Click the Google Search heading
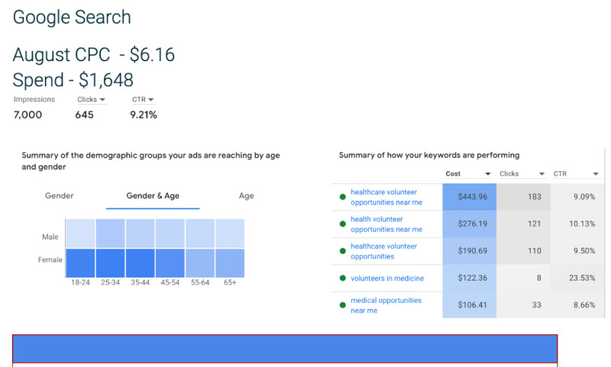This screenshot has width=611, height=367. [x=72, y=18]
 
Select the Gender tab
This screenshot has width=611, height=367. [x=59, y=196]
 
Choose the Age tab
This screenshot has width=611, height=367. [x=246, y=196]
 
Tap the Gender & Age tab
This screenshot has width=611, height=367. [x=153, y=196]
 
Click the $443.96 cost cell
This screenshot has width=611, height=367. [x=470, y=197]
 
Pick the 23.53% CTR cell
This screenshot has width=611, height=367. [x=576, y=278]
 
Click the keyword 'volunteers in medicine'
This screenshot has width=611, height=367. [x=386, y=278]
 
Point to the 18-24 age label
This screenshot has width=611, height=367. [x=80, y=282]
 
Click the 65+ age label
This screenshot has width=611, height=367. [x=229, y=282]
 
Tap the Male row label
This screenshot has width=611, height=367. [x=50, y=237]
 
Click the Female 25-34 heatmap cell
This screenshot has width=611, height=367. [x=110, y=263]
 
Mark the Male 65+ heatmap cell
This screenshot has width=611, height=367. [x=230, y=233]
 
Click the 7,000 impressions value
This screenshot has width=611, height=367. [x=28, y=115]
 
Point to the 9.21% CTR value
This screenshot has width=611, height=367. [x=144, y=115]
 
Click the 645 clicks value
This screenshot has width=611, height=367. [x=84, y=115]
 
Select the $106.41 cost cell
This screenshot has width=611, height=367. [x=470, y=305]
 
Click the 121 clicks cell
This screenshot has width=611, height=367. [x=523, y=224]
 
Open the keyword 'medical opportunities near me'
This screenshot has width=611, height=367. [x=386, y=305]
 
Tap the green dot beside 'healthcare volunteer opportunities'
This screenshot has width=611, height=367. [x=343, y=252]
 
